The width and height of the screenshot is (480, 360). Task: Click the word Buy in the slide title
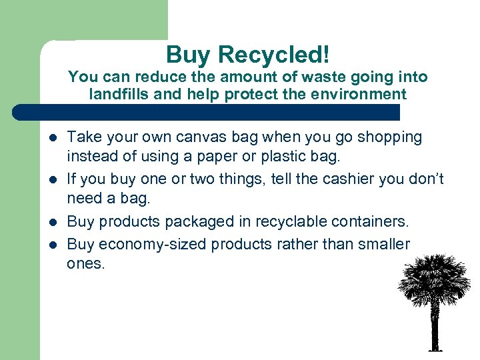(186, 55)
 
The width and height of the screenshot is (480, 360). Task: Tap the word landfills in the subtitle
(119, 94)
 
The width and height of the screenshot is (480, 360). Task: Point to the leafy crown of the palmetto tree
(434, 277)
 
